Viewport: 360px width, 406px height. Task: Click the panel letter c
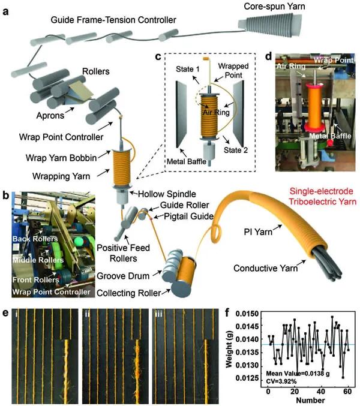[x=158, y=58]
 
